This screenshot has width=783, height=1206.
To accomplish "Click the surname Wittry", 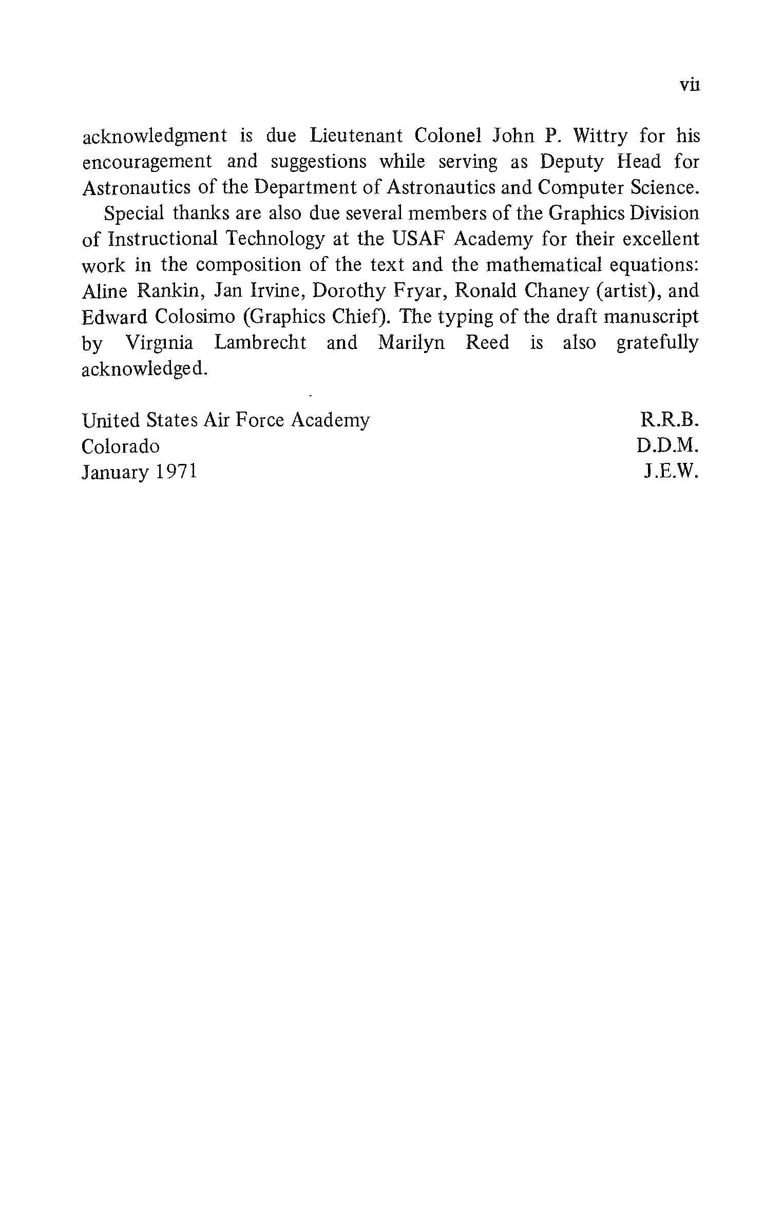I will (600, 137).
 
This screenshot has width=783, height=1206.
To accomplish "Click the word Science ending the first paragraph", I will (664, 188).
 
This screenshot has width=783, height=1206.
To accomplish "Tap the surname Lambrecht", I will (260, 343).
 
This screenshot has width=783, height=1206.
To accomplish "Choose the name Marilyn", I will (411, 343).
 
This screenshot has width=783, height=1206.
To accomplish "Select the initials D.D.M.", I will (667, 446).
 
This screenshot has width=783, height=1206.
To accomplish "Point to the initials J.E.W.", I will (671, 472).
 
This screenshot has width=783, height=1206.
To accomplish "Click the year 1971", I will (176, 472).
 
